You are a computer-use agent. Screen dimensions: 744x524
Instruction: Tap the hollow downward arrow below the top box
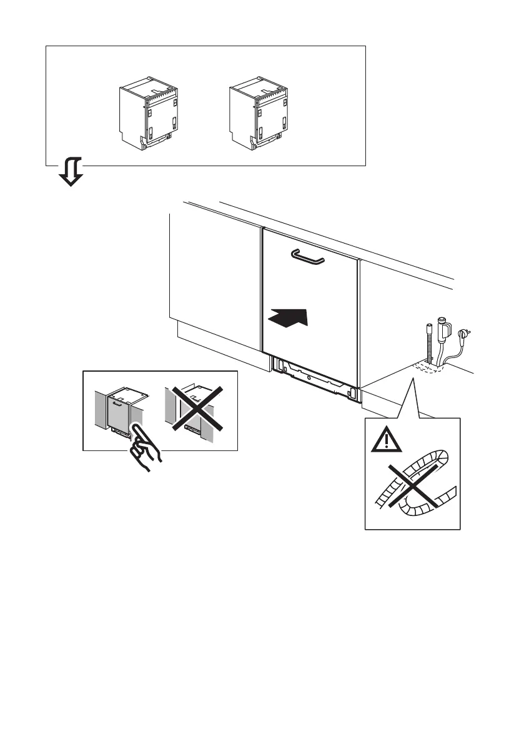(71, 173)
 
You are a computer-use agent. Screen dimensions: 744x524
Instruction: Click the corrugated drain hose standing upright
(430, 344)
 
